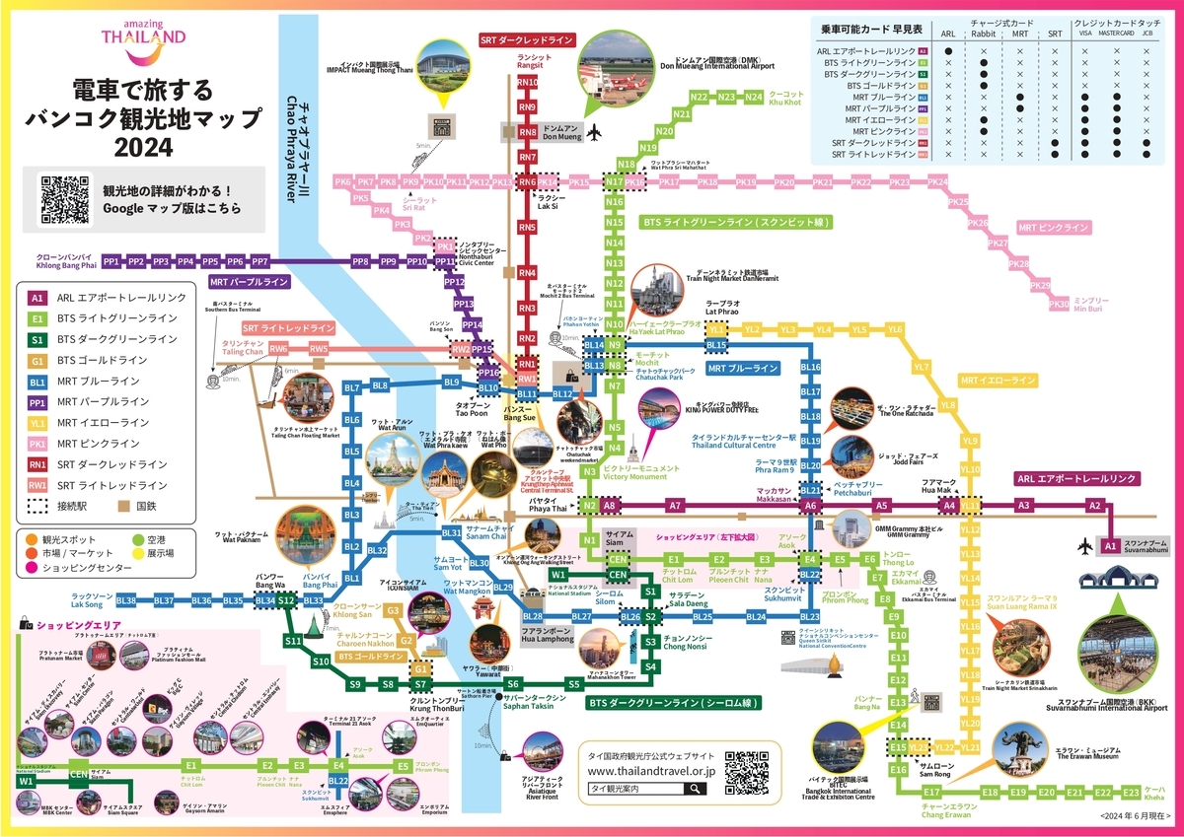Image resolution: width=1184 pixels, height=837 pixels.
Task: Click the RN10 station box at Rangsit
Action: tap(528, 83)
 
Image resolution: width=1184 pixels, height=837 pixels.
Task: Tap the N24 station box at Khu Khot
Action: tap(755, 97)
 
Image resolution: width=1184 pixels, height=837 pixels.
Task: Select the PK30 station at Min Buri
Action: tap(1059, 304)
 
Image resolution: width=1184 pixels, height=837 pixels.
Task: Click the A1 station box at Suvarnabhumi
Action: tap(1109, 546)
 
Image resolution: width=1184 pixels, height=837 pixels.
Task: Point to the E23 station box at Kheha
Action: tap(1131, 793)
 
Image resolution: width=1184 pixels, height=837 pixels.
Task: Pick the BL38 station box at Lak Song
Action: tap(126, 600)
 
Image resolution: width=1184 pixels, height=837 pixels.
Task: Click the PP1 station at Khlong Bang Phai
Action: tap(111, 262)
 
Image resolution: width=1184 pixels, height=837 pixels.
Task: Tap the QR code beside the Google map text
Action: tap(65, 198)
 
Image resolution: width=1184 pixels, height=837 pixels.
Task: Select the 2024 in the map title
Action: tap(143, 148)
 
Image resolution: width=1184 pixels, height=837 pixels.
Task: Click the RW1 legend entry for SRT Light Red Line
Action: tap(37, 485)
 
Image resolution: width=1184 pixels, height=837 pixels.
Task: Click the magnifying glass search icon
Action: tap(697, 789)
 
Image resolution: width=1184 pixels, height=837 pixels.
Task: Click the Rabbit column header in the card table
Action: tap(983, 33)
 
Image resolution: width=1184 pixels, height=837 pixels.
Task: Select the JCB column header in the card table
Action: tap(1147, 33)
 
